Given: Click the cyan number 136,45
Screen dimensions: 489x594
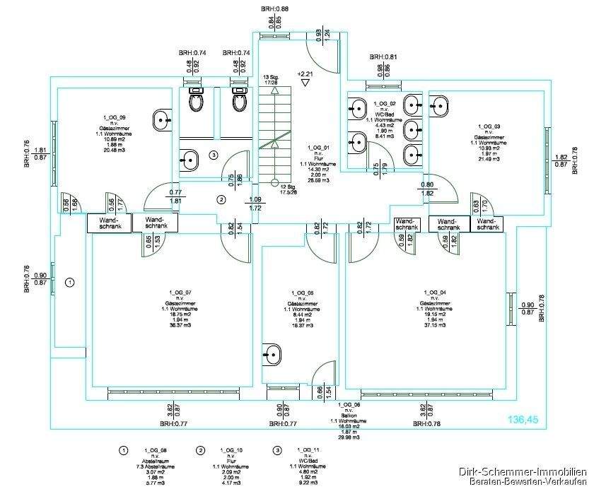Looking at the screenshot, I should click(523, 420).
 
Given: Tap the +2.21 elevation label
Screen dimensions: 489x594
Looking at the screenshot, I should click(305, 73).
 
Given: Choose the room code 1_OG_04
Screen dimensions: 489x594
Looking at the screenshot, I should click(433, 292).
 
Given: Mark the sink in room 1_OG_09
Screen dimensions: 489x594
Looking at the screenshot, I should click(163, 119).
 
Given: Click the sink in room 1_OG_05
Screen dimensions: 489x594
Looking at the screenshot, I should click(272, 353).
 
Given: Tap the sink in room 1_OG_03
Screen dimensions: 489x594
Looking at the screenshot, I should click(439, 105).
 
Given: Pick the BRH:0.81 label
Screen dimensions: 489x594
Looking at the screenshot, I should click(383, 57).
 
